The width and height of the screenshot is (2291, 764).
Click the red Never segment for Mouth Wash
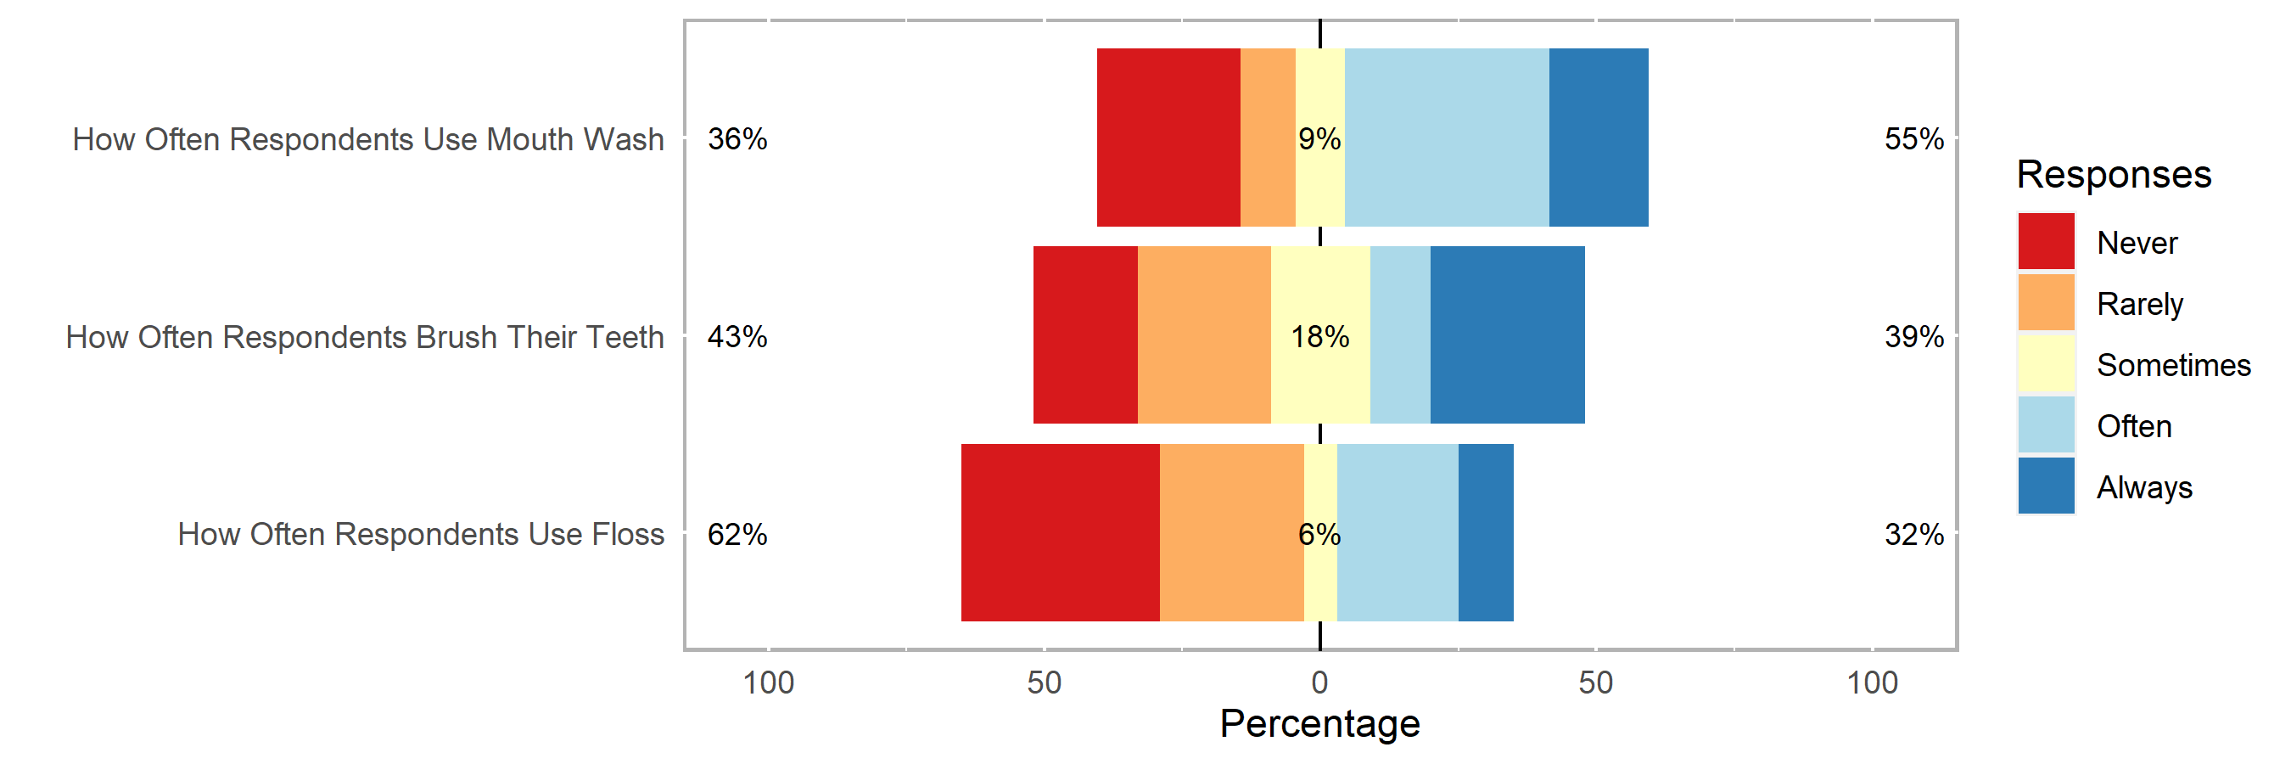(x=1168, y=137)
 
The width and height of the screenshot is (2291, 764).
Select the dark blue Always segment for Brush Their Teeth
(x=1507, y=334)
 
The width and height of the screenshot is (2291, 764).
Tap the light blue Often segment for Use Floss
(x=1397, y=532)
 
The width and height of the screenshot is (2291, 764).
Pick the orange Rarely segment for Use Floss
(x=1231, y=532)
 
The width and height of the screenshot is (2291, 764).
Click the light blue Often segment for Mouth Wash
(x=1446, y=137)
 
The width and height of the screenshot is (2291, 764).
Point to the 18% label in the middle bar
(x=1319, y=336)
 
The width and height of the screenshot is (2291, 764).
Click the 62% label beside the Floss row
(x=737, y=534)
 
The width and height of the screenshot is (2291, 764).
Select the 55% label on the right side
(x=1914, y=138)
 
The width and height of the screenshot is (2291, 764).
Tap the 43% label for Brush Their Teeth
(x=737, y=336)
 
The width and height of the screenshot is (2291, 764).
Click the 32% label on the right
(x=1914, y=534)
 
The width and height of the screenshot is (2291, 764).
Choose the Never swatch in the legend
(x=2046, y=241)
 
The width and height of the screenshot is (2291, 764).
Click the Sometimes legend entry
(x=2173, y=365)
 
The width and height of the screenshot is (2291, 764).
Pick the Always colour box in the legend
(x=2046, y=486)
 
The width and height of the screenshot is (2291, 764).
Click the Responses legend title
(x=2113, y=174)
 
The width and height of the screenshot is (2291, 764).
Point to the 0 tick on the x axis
(x=1319, y=683)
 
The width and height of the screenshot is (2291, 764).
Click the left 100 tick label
(x=769, y=683)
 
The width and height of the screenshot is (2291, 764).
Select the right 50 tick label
(x=1595, y=683)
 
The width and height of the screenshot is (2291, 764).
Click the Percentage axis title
(x=1319, y=723)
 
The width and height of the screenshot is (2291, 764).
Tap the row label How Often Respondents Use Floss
(x=421, y=534)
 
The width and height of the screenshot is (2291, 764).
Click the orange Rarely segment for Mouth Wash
(x=1268, y=137)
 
